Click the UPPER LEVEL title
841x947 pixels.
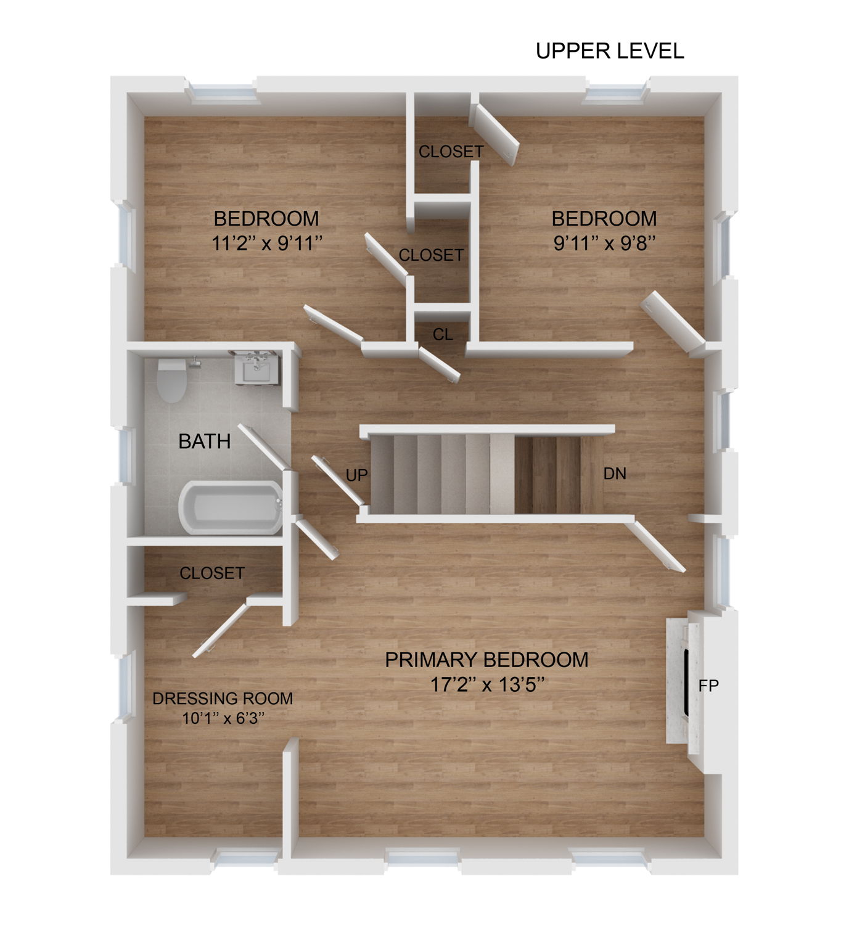tap(609, 51)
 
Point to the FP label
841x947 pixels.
tap(708, 685)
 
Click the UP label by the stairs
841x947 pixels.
tap(356, 475)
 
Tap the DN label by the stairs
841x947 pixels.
tap(614, 473)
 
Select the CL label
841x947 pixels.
tap(443, 334)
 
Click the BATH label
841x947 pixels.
tap(204, 441)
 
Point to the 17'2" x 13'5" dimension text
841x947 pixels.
tap(486, 684)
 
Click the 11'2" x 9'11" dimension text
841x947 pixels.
tap(266, 244)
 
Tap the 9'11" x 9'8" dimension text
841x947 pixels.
tap(604, 244)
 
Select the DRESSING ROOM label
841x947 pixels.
tap(223, 699)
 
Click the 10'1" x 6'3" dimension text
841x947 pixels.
tap(223, 718)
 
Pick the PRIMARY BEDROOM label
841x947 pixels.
tap(486, 660)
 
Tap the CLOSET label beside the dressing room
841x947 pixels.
tap(211, 573)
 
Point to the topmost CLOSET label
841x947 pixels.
tap(451, 151)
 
